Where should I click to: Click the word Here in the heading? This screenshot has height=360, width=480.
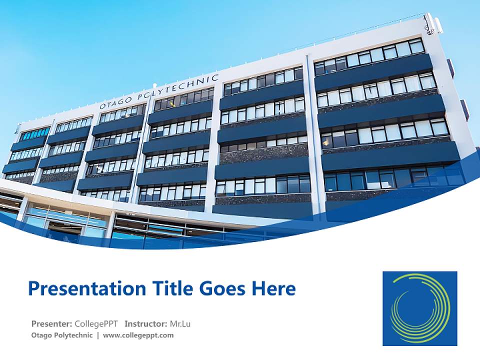point(275,288)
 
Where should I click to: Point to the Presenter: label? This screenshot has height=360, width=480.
point(51,323)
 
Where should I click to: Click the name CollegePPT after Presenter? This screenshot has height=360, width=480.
point(96,323)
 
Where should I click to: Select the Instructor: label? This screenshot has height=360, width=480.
point(145,323)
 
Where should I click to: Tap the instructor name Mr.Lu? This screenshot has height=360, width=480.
point(180,323)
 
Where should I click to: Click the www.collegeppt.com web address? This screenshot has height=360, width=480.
point(138,335)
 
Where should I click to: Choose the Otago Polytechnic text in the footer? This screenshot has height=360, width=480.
point(61,335)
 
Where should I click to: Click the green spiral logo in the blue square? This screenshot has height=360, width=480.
point(419,308)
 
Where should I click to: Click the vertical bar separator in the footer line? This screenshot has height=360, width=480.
point(98,335)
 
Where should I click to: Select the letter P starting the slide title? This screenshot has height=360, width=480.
point(33,288)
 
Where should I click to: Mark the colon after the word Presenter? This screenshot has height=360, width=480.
point(71,324)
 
